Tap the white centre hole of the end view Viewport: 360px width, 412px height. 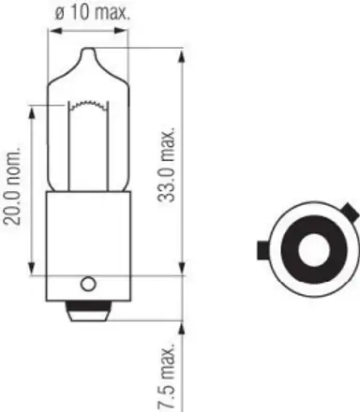311,249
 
